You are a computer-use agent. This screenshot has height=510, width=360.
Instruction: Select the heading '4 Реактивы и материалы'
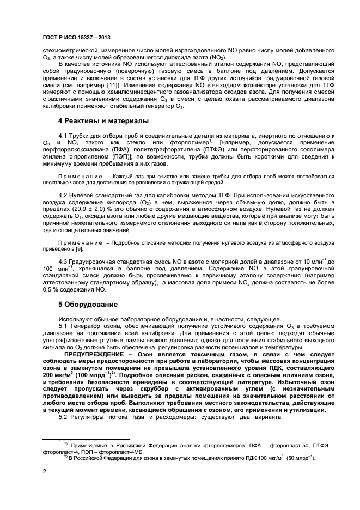tap(103, 120)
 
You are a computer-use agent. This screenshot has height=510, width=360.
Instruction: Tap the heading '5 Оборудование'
tap(88, 303)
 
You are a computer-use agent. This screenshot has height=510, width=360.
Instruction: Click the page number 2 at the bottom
tap(44, 471)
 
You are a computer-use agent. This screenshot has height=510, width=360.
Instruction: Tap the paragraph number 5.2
tap(65, 417)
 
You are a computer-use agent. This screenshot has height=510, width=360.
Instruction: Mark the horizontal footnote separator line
tap(87, 439)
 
